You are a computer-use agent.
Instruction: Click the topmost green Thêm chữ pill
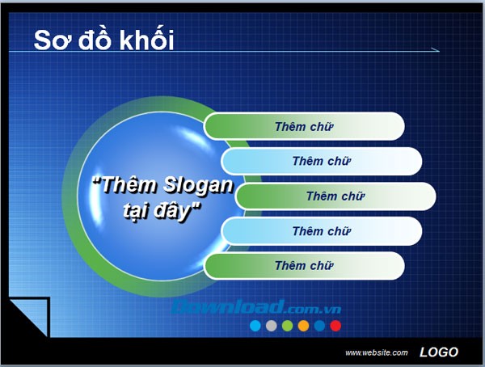coord(304,126)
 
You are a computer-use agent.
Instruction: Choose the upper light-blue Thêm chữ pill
coord(322,161)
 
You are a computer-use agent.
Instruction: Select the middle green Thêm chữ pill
coord(335,196)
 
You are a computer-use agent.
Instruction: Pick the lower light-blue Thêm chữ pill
coord(322,231)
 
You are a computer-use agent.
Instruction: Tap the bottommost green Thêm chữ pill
coord(304,266)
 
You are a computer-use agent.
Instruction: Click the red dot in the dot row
coord(335,326)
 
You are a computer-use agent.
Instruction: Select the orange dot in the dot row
coord(303,326)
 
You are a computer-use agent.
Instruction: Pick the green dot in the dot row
coord(287,326)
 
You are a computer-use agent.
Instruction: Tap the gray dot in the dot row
coord(272,326)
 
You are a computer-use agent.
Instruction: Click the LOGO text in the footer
coord(439,352)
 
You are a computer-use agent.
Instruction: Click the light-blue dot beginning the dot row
coord(255,326)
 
